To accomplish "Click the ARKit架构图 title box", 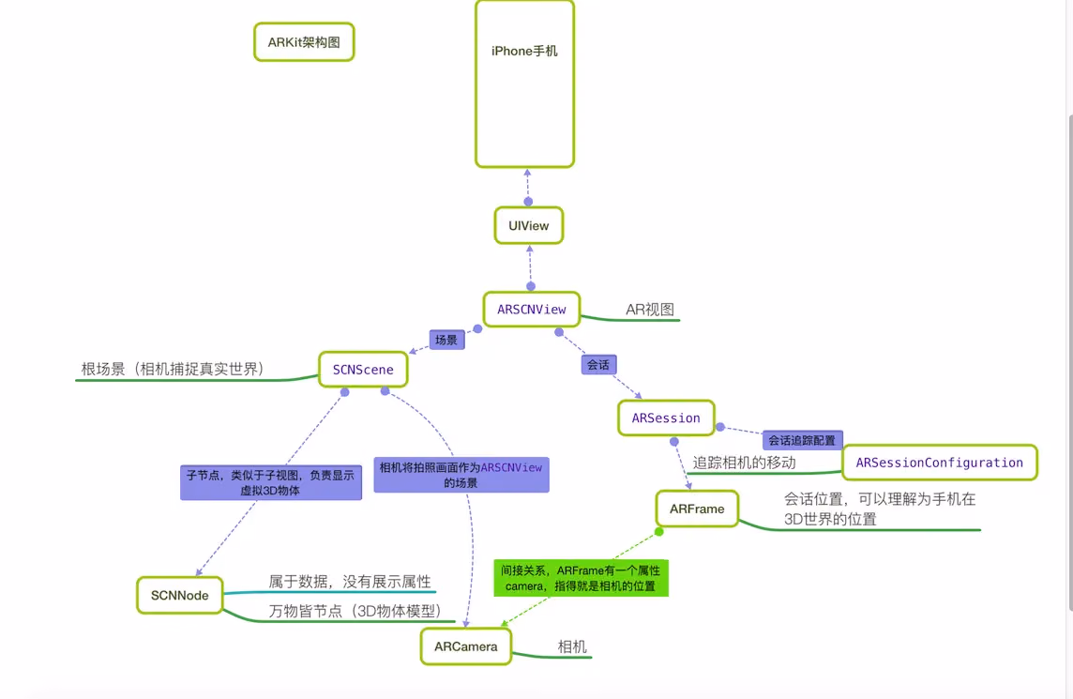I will [x=304, y=42].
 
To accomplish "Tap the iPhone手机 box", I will [x=524, y=84].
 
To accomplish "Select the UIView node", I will [x=529, y=225].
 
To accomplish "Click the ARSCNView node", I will [x=531, y=310].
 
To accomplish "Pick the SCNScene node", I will [x=363, y=370].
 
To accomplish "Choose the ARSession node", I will [x=666, y=418].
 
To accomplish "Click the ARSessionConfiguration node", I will [x=939, y=463].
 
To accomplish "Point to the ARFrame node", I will [x=697, y=509].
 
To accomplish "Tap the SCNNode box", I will [x=179, y=595].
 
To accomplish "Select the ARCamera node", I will [x=466, y=646].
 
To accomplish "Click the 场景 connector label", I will [x=446, y=340].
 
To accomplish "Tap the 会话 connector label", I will [x=598, y=365].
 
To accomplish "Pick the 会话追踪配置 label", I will [x=802, y=440].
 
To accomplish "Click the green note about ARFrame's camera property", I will [x=582, y=578].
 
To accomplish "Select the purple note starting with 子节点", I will [x=270, y=482].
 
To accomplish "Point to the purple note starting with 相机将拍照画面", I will [x=461, y=475].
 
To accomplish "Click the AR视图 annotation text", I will [x=650, y=310].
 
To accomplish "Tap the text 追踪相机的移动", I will [x=744, y=462].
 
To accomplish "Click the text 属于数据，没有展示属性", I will [x=349, y=582].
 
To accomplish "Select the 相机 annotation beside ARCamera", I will [x=572, y=646].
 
